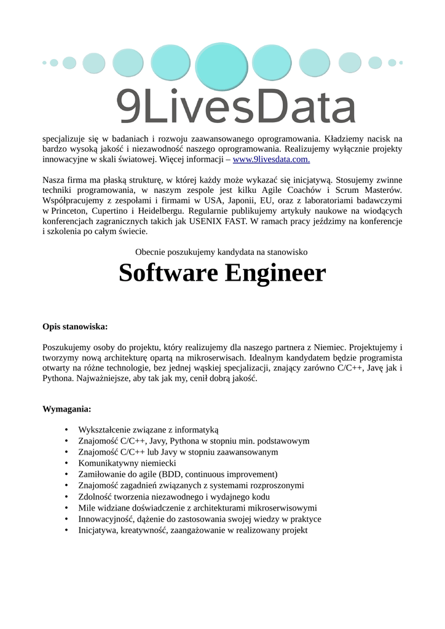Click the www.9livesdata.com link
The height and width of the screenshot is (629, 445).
[x=271, y=160]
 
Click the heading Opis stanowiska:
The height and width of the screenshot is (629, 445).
[x=75, y=326]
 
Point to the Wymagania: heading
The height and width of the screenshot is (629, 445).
[x=66, y=408]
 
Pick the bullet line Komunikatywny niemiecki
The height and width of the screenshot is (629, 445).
[x=127, y=463]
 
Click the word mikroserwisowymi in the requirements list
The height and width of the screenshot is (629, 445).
[x=283, y=507]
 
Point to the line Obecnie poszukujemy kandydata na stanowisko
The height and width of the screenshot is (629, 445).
[x=221, y=251]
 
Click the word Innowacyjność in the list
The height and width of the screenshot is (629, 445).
[x=107, y=518]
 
